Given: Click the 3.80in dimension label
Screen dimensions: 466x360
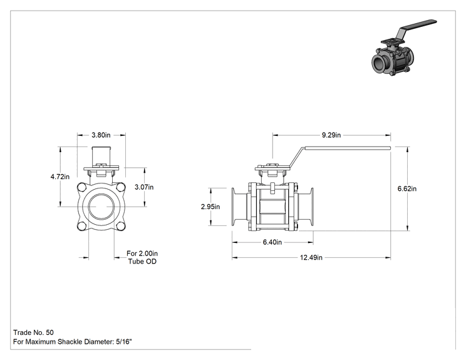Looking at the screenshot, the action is pos(101,135).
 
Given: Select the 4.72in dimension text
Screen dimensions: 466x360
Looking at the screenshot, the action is pos(60,177).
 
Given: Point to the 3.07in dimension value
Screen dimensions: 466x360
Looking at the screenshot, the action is pos(144,187).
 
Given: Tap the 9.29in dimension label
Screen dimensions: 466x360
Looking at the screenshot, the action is pos(331,135).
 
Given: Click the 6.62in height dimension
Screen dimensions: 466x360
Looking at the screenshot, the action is pos(407,188).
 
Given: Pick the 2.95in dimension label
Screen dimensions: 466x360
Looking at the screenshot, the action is pos(210,207).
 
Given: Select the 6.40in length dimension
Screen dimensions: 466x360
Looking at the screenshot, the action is pos(272,242).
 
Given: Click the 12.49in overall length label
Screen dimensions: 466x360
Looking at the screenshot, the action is pos(311,257).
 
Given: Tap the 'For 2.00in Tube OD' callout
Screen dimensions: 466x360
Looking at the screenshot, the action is pos(142,257).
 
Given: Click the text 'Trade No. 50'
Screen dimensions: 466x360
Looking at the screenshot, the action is pos(33,332).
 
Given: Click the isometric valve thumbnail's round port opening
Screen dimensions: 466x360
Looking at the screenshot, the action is pos(378,63).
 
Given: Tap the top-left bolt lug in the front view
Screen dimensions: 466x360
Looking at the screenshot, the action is pos(81,187).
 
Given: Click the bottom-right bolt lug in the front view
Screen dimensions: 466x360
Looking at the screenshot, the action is pos(121,227).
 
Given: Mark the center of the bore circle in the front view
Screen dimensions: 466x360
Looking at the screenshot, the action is pos(101,207).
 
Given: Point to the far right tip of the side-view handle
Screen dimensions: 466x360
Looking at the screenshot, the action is pos(390,148).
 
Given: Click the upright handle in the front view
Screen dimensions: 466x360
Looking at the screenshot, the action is pos(101,155).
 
